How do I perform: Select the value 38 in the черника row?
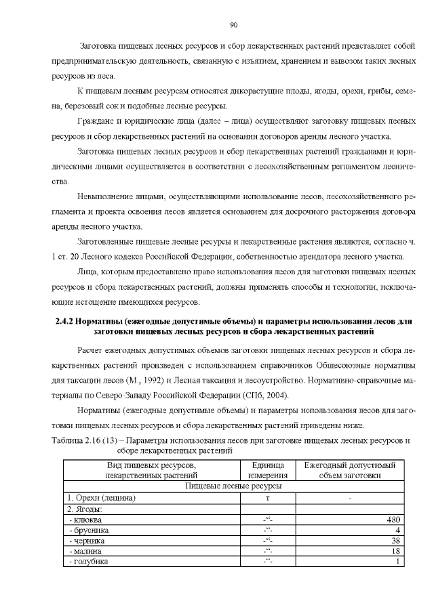point(395,541)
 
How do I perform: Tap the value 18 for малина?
point(395,551)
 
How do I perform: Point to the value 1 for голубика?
point(398,562)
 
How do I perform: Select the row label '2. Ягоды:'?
point(83,509)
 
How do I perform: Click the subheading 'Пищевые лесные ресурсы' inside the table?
point(235,486)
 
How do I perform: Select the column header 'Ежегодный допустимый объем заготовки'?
point(349,470)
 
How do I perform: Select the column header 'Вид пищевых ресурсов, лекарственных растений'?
point(152,470)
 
